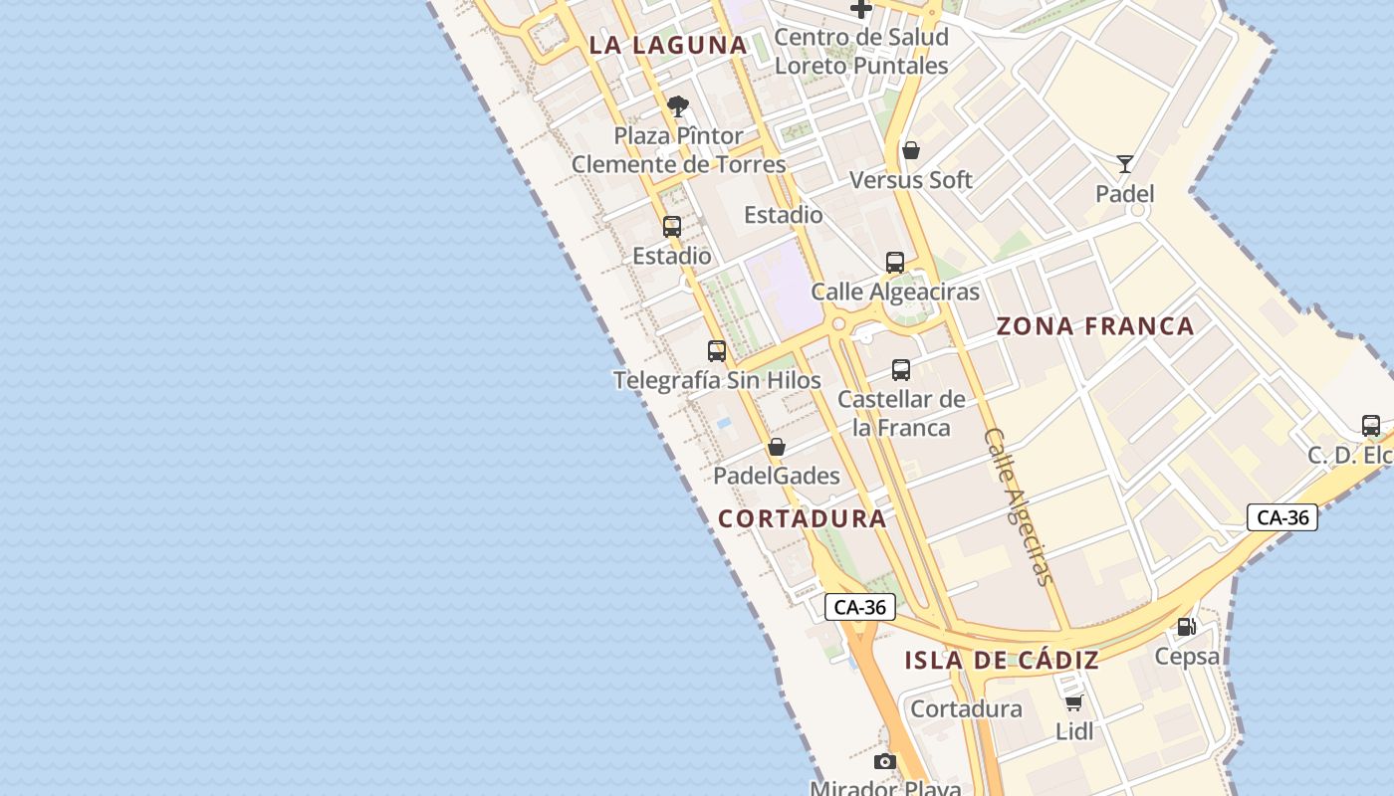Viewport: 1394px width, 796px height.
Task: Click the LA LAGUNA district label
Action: pyautogui.click(x=668, y=45)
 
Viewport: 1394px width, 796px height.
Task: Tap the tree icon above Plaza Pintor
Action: pyautogui.click(x=678, y=106)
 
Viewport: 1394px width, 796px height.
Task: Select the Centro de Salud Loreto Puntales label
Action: pyautogui.click(x=861, y=52)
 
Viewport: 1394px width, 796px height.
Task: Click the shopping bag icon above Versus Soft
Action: pyautogui.click(x=910, y=151)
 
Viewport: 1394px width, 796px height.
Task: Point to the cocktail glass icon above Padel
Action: pyautogui.click(x=1125, y=164)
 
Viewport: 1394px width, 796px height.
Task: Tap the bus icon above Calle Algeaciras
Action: pyautogui.click(x=895, y=263)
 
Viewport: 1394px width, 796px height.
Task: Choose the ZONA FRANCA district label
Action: pyautogui.click(x=1095, y=326)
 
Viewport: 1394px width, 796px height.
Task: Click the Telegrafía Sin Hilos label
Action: pyautogui.click(x=717, y=380)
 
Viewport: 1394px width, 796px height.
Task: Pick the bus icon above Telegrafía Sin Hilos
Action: pyautogui.click(x=717, y=350)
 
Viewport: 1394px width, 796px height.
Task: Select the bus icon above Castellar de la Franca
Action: pyautogui.click(x=901, y=370)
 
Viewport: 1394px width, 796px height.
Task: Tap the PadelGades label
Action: pyautogui.click(x=777, y=476)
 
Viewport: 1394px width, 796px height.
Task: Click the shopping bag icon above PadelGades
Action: pyautogui.click(x=777, y=447)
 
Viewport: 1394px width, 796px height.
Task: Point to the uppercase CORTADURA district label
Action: pyautogui.click(x=803, y=518)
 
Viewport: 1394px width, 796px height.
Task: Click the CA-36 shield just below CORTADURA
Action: pyautogui.click(x=860, y=607)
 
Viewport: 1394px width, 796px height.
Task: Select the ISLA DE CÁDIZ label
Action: pyautogui.click(x=1002, y=660)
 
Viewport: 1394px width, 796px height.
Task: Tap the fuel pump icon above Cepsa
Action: pyautogui.click(x=1186, y=627)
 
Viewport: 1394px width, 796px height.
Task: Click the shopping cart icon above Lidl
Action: pyautogui.click(x=1073, y=703)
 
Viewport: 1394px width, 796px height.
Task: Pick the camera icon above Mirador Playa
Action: pyautogui.click(x=884, y=762)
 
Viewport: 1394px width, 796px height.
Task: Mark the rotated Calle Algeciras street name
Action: pyautogui.click(x=1018, y=506)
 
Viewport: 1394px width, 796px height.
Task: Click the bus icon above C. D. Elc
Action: pyautogui.click(x=1371, y=426)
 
